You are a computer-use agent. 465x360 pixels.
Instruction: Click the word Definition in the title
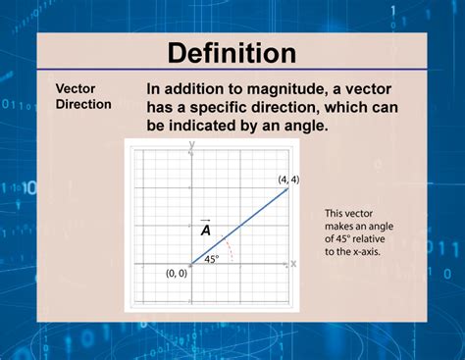tap(232, 52)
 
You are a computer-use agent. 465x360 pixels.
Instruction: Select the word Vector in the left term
tap(75, 86)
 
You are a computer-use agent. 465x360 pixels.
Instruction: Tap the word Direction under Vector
tap(82, 103)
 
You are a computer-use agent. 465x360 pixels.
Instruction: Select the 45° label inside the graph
tap(211, 259)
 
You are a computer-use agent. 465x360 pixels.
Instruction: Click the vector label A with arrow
tap(206, 229)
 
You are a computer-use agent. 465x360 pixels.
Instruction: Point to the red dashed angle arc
tap(230, 250)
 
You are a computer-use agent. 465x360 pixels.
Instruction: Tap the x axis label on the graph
tap(292, 263)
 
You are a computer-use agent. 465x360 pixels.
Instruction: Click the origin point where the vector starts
tap(190, 263)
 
